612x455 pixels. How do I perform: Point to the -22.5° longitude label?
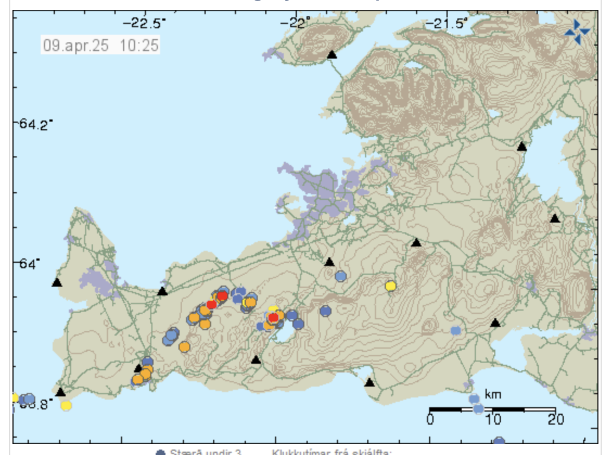tap(144, 23)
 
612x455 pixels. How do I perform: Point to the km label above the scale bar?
tap(493, 395)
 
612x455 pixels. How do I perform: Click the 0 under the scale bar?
tap(430, 420)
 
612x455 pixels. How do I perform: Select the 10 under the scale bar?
tap(493, 420)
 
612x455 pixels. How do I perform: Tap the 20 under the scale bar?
tap(555, 420)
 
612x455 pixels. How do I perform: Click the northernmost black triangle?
tap(332, 54)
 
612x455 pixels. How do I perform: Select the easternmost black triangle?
tap(554, 218)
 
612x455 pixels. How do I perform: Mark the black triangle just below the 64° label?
tap(56, 282)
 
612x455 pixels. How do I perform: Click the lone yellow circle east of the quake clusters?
tap(390, 286)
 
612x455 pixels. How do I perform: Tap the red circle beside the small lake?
tap(273, 318)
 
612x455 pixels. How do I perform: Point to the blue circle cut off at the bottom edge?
tap(499, 441)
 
